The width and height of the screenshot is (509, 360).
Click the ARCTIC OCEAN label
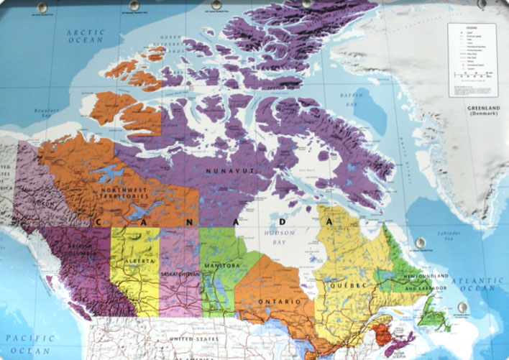(86, 37)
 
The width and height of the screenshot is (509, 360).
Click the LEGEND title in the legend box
(472, 27)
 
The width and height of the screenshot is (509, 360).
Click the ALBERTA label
(136, 259)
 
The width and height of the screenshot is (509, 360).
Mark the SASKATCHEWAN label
(180, 274)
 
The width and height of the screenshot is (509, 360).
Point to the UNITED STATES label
(189, 338)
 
